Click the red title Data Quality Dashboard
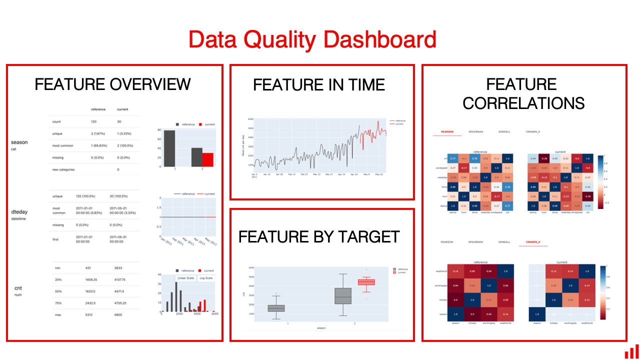pos(312,39)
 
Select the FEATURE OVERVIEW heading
pos(112,84)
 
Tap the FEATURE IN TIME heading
pos(319,85)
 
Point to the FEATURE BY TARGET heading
pos(319,236)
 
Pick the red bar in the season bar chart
pos(207,159)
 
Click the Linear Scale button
pos(185,278)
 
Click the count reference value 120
pos(94,122)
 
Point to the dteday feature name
pos(19,212)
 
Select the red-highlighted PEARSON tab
pos(447,132)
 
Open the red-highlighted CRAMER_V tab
pos(533,242)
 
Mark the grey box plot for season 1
pos(276,308)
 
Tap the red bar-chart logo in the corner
pos(631,351)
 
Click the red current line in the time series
pos(372,132)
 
